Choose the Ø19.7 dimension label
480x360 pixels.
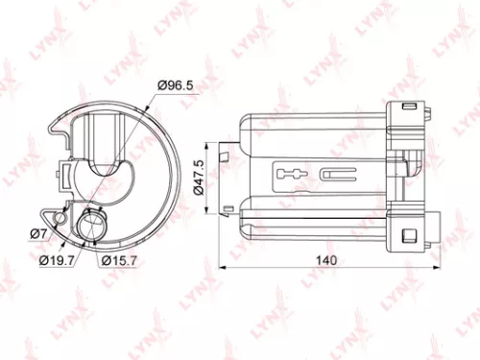tap(56, 260)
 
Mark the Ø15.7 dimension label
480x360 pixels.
tap(120, 260)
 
